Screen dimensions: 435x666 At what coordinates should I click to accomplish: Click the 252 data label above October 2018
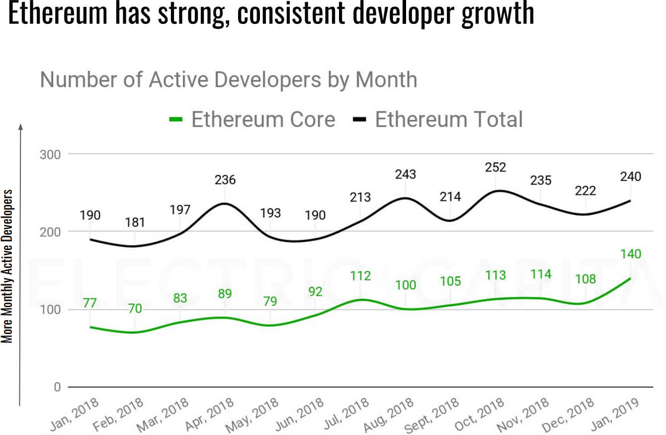pos(495,167)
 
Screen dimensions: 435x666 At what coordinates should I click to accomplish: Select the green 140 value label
pos(630,254)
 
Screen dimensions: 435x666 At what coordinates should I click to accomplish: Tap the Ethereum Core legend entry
pos(252,120)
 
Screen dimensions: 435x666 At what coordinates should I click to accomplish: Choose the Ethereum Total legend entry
pos(439,120)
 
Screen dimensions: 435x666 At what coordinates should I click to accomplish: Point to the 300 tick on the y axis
pos(50,154)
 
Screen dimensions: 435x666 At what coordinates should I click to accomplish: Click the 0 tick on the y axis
pos(56,387)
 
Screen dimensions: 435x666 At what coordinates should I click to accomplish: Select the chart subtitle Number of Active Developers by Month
pos(228,80)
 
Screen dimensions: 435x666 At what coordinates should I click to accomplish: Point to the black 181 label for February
pos(135,222)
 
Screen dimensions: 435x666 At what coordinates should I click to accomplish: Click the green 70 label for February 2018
pos(135,309)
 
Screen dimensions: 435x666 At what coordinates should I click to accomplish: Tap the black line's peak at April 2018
pos(225,203)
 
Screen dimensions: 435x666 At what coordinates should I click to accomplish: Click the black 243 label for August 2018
pos(405,174)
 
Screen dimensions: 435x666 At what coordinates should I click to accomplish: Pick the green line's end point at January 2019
pos(630,278)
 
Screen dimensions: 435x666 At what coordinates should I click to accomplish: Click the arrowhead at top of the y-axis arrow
pos(20,127)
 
